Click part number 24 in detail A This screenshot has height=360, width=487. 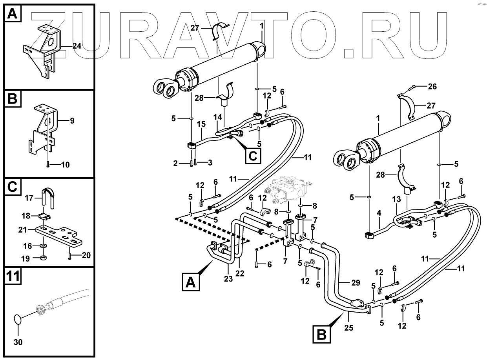tap(77, 46)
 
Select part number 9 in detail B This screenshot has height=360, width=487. tap(72, 121)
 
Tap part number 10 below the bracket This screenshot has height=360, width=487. tap(65, 165)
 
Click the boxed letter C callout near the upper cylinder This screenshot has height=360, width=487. tap(253, 156)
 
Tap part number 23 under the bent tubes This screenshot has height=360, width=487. tap(228, 279)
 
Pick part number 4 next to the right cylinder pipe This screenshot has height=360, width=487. tap(379, 213)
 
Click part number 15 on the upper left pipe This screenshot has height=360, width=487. tap(201, 124)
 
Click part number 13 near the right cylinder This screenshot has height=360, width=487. tap(397, 200)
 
